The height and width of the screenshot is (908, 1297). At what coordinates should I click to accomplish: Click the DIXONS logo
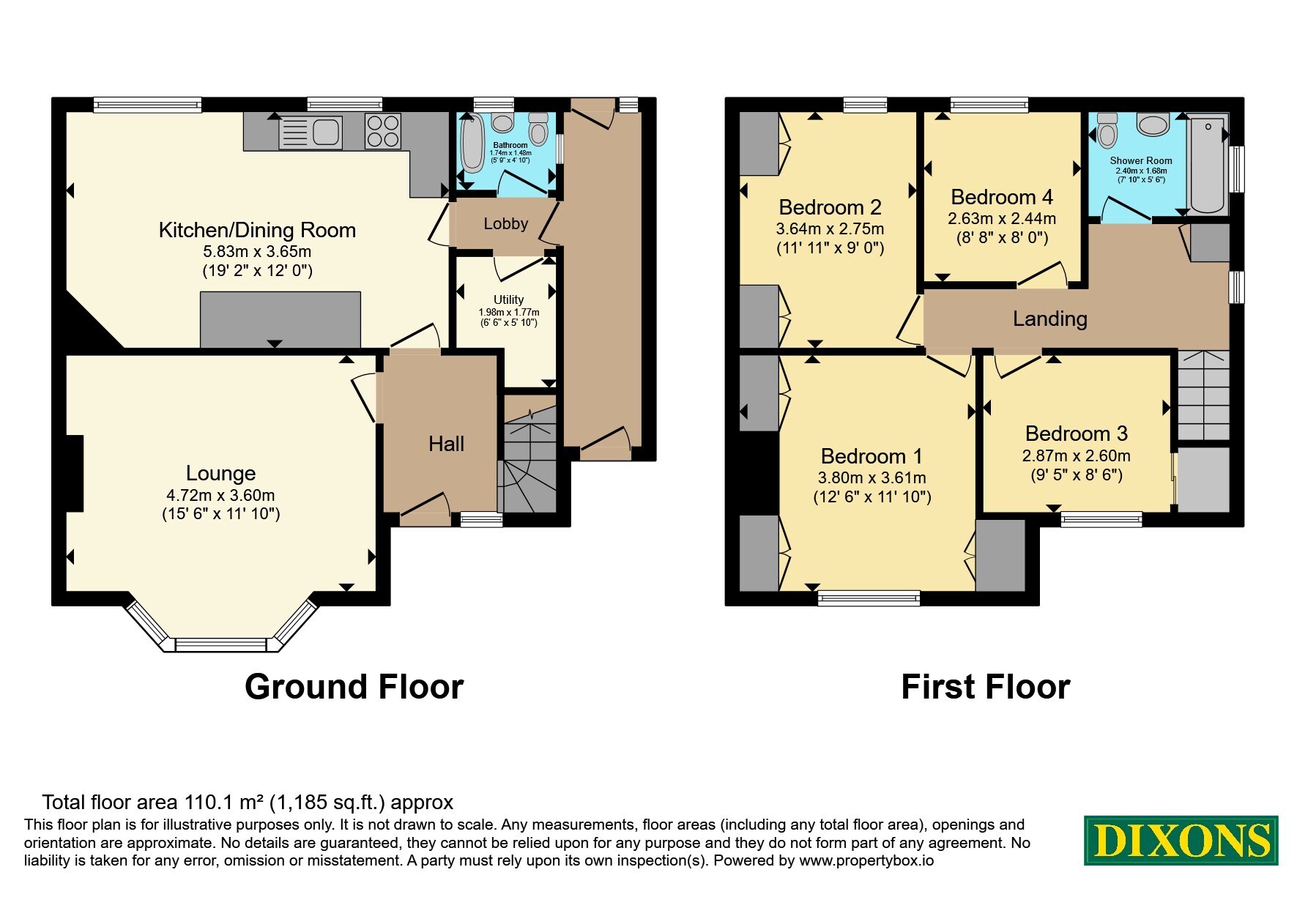[x=1181, y=840]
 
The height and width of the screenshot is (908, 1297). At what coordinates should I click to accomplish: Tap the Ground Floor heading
[x=354, y=687]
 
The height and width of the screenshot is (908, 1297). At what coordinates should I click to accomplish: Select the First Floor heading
[x=985, y=687]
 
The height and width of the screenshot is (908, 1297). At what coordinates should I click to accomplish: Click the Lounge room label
[x=220, y=473]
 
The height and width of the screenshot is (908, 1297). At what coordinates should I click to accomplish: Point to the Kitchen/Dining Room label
[x=257, y=230]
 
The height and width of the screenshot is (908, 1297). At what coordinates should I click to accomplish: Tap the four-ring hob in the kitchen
[x=383, y=131]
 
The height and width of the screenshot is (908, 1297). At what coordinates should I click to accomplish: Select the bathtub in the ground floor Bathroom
[x=470, y=145]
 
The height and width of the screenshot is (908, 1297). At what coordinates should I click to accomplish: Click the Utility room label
[x=508, y=299]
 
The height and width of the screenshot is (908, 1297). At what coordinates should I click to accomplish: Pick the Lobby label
[x=505, y=223]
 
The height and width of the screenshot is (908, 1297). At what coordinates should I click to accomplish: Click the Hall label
[x=446, y=444]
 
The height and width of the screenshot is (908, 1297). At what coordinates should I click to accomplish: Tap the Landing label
[x=1049, y=319]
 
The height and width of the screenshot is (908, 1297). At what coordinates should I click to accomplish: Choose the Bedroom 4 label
[x=1002, y=197]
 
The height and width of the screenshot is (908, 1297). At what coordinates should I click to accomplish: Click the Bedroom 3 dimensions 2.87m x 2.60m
[x=1076, y=456]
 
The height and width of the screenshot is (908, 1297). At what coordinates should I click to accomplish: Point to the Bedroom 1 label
[x=872, y=456]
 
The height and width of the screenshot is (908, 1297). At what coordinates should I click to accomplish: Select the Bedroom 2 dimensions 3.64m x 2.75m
[x=830, y=228]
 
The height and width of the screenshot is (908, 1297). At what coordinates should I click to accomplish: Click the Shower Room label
[x=1141, y=160]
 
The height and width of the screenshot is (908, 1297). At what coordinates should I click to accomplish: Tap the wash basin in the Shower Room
[x=1152, y=124]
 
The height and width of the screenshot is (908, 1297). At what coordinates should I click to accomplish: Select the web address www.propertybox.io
[x=866, y=861]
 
